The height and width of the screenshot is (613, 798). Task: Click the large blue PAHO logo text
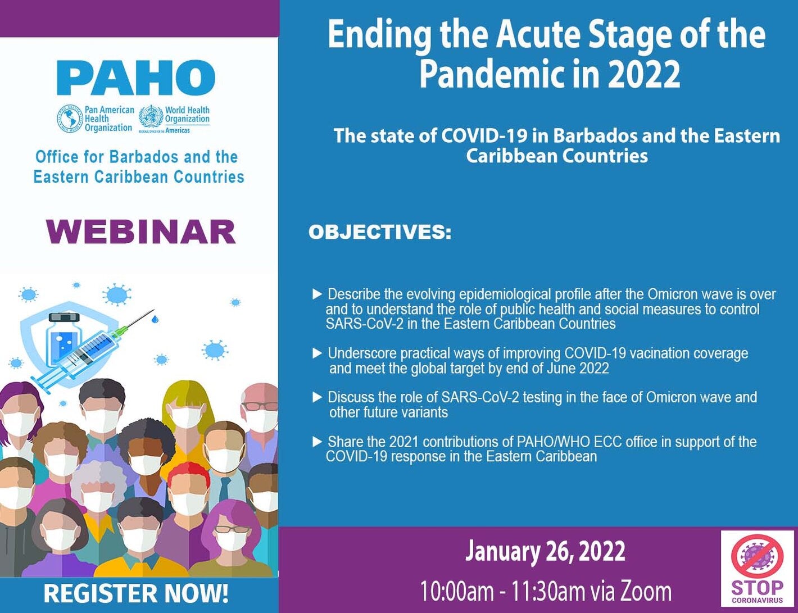[x=135, y=78]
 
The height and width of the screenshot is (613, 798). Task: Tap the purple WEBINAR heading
[x=140, y=231]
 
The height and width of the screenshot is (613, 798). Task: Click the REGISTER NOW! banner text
[x=136, y=594]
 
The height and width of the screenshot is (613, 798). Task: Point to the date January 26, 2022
[x=545, y=551]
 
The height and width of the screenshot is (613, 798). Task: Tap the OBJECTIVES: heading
[x=379, y=232]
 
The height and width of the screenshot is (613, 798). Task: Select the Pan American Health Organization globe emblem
[x=70, y=119]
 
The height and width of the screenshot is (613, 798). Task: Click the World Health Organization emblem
[x=151, y=119]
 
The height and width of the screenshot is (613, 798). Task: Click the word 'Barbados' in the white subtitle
[x=595, y=136]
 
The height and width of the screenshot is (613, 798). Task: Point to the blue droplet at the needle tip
[x=155, y=319]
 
